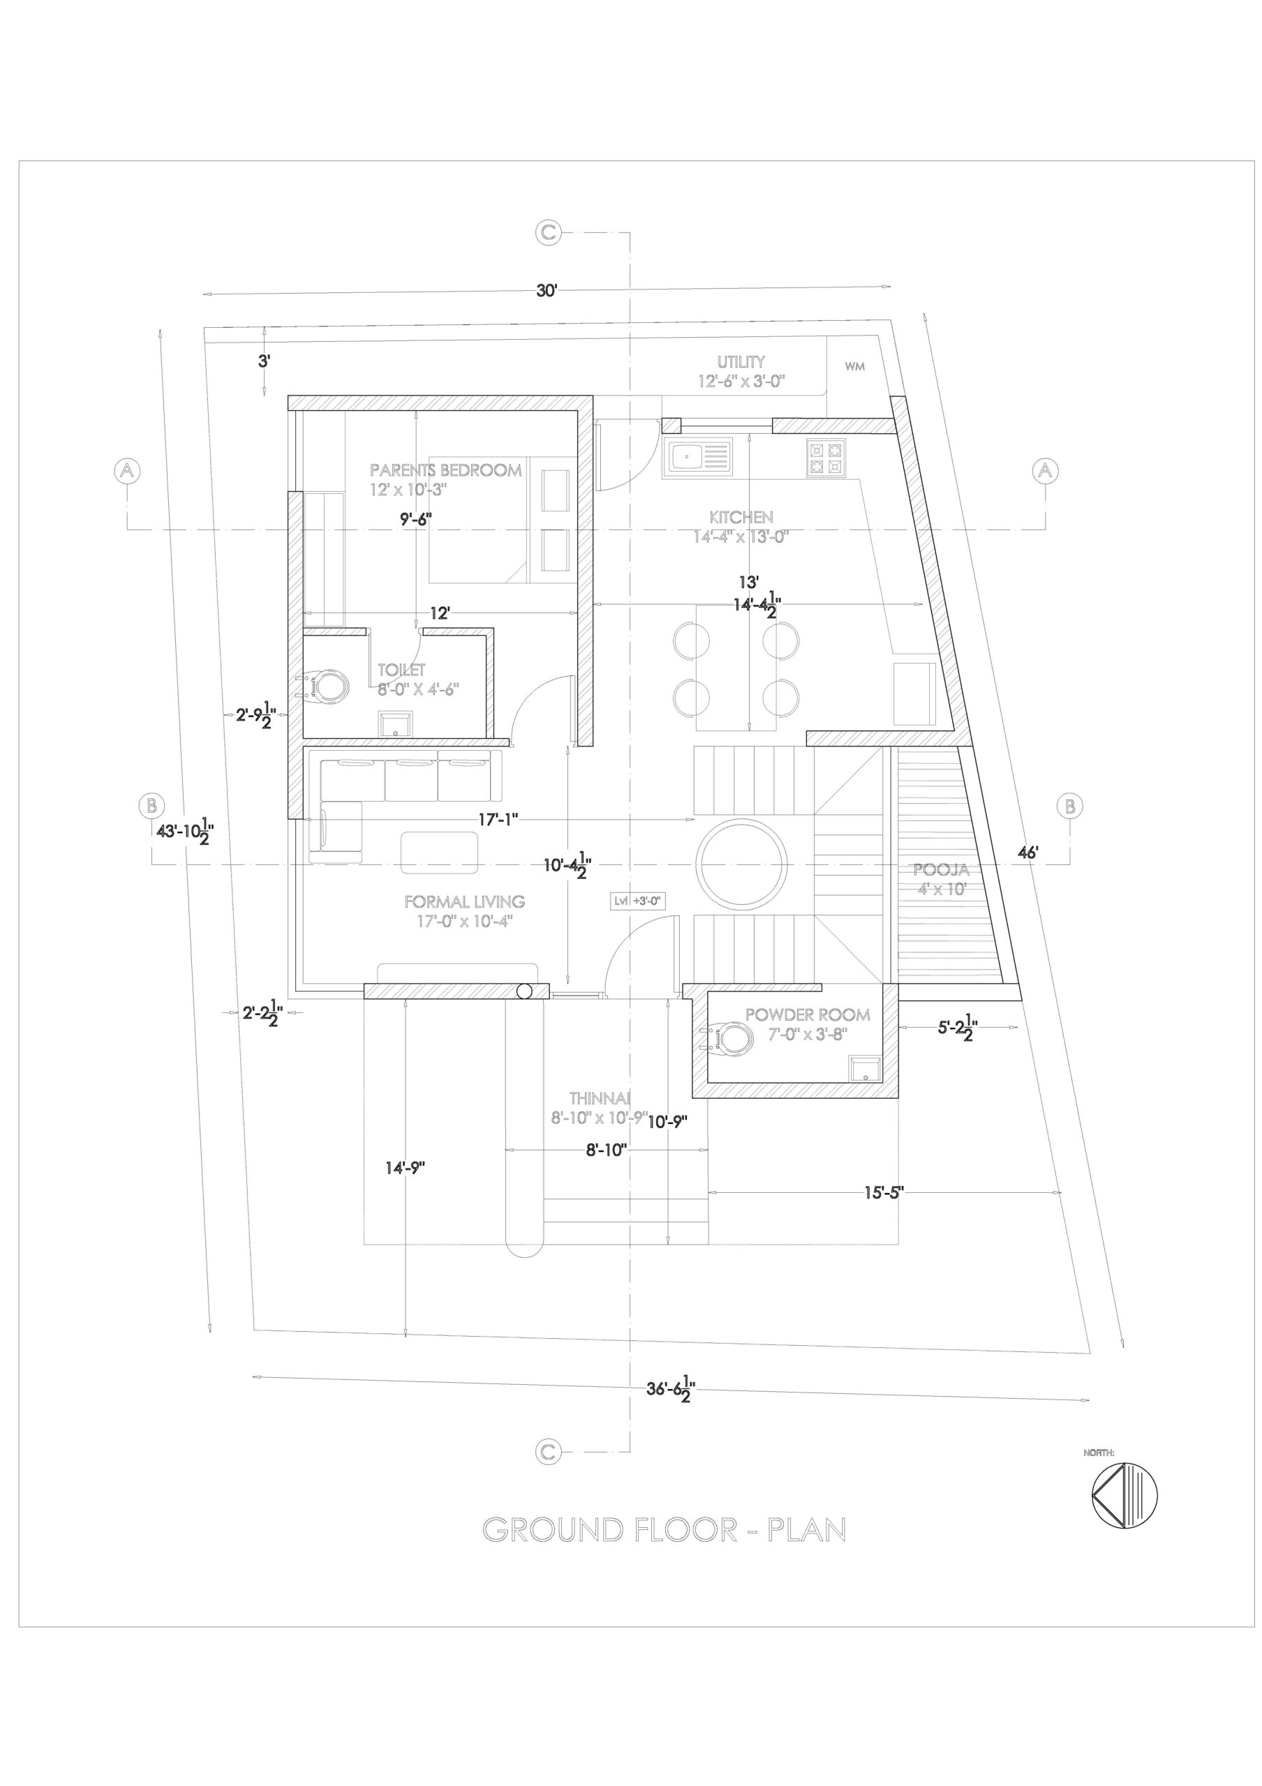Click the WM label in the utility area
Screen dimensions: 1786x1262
854,367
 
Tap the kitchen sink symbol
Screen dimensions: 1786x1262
697,455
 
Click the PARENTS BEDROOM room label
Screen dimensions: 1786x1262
445,470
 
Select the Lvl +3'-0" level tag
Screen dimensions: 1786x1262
637,901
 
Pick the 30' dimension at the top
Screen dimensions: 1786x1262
547,291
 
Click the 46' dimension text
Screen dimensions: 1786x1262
1027,853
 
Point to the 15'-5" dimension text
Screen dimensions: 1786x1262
883,1192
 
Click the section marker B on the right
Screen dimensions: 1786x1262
1070,805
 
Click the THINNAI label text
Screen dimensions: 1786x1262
599,1098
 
